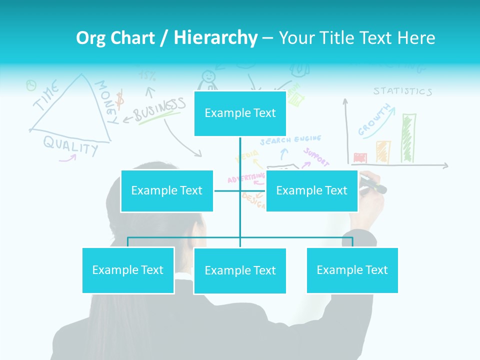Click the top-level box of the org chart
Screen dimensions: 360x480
click(x=240, y=113)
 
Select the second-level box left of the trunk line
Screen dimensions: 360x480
click(x=167, y=190)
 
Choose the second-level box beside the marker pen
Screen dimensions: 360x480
click(x=311, y=190)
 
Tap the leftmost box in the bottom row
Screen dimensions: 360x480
click(x=128, y=270)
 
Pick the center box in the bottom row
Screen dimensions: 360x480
click(x=240, y=270)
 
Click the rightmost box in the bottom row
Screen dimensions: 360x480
click(x=352, y=270)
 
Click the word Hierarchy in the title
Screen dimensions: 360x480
click(x=215, y=37)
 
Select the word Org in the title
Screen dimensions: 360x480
click(x=90, y=37)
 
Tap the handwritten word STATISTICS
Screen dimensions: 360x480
click(x=402, y=91)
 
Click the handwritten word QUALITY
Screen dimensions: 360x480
click(x=70, y=145)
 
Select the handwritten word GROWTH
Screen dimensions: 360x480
click(x=374, y=120)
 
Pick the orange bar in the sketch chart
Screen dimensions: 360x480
click(x=383, y=151)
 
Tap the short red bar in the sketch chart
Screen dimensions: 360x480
click(x=360, y=158)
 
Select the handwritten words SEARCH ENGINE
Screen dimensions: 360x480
click(x=290, y=139)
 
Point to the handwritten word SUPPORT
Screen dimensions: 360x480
click(x=316, y=157)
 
